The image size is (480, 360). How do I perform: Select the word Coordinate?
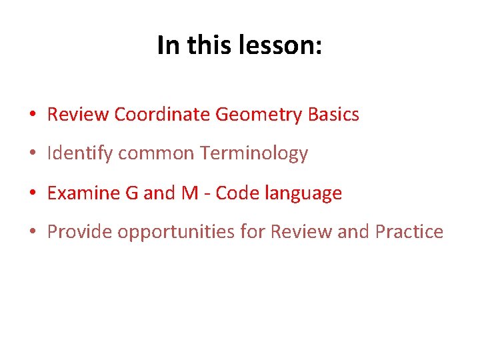tap(163, 115)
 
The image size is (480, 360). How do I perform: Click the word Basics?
tap(333, 115)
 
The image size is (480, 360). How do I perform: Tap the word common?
tap(155, 154)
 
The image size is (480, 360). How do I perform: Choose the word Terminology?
tap(254, 154)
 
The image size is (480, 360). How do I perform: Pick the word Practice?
tap(409, 232)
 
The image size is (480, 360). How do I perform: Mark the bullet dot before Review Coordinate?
tap(32, 115)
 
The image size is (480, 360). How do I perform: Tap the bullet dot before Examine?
tap(32, 194)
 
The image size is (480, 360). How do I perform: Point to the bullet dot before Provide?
tap(32, 233)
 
